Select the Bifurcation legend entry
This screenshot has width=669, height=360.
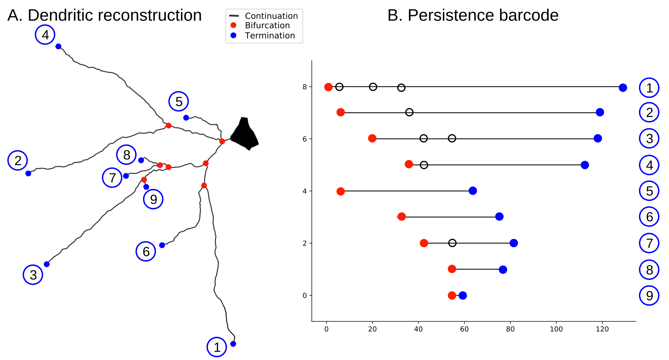(267, 25)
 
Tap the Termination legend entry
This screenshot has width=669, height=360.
(270, 36)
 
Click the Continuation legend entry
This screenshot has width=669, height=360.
(271, 16)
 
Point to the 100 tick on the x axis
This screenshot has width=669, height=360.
(556, 329)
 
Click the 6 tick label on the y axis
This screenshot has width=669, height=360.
(305, 139)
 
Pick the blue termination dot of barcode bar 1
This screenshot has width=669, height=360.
(623, 88)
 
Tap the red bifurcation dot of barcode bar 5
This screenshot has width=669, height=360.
(340, 191)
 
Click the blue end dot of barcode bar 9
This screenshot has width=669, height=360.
(463, 295)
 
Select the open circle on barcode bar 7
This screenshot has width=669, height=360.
(452, 243)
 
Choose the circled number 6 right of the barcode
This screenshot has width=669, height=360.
(649, 217)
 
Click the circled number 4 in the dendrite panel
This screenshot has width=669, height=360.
(45, 35)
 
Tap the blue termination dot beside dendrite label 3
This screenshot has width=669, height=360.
(47, 264)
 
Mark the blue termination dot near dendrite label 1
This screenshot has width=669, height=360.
(233, 344)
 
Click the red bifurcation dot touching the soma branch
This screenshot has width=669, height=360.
(222, 141)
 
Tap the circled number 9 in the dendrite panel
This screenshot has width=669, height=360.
(153, 199)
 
